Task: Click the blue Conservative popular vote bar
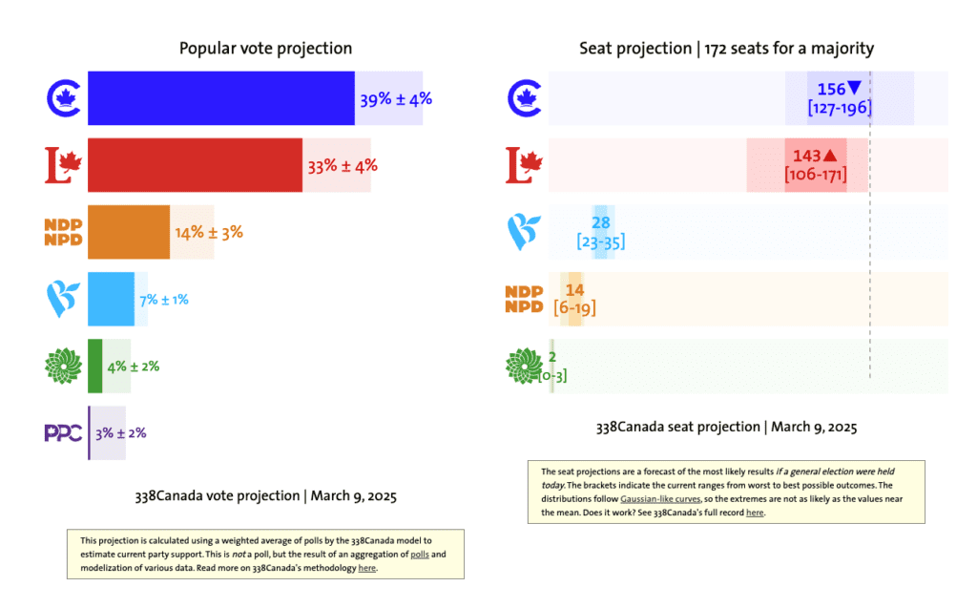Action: pos(220,98)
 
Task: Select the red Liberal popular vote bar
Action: pos(194,165)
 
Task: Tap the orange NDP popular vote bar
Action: pos(129,232)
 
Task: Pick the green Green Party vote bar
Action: pos(94,366)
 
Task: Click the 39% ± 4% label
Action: pos(396,98)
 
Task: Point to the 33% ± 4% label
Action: pos(343,165)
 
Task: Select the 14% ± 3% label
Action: pos(208,232)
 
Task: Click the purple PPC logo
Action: pos(63,432)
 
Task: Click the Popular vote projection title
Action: pos(265,49)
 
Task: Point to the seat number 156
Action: pos(831,89)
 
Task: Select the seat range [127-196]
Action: pos(840,108)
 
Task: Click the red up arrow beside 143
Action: pos(830,155)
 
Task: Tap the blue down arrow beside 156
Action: pos(854,89)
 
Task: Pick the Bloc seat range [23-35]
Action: pos(601,242)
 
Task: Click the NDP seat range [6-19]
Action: pos(574,308)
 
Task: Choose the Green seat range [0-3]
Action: pos(553,376)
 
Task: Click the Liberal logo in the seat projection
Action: pos(522,164)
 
